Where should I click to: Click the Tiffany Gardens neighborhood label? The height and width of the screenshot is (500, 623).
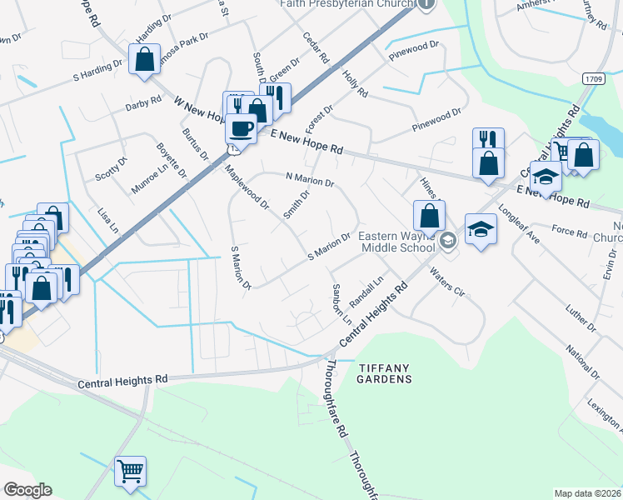click(x=385, y=373)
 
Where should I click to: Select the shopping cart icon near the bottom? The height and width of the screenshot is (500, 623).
click(x=131, y=472)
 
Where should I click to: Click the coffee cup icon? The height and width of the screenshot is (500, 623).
click(x=241, y=128)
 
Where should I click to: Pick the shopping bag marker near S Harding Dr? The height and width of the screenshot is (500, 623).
click(x=144, y=60)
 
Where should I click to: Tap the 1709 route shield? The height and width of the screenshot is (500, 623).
click(x=592, y=77)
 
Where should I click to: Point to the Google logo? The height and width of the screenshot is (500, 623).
click(x=27, y=490)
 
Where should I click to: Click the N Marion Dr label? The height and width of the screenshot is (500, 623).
click(x=309, y=179)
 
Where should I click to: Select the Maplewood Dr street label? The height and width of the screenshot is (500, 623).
click(x=247, y=186)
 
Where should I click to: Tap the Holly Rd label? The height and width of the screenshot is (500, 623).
click(x=355, y=83)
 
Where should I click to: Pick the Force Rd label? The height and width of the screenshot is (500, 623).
click(x=569, y=232)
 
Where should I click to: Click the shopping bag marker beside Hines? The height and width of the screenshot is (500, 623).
click(x=429, y=216)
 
